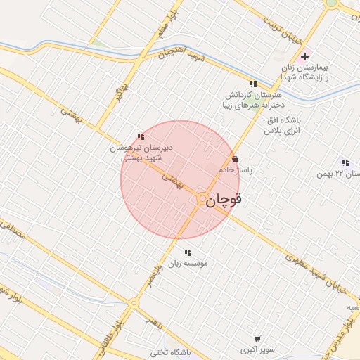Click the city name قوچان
tap(226, 200)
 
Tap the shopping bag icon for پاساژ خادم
tap(235, 160)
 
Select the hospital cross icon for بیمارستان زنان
tap(304, 57)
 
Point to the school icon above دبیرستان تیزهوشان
tap(141, 136)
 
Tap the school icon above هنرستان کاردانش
tap(253, 84)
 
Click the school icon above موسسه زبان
tap(187, 252)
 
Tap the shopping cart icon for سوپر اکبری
tap(257, 338)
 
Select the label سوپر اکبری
tap(255, 349)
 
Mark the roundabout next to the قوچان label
tap(202, 199)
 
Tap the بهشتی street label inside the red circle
tap(173, 180)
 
